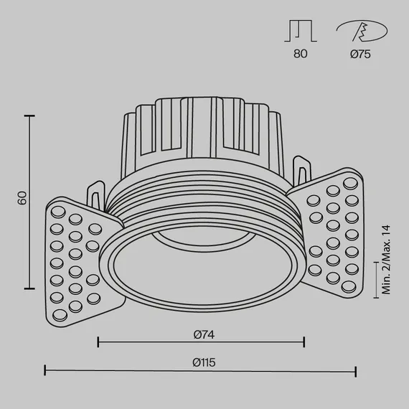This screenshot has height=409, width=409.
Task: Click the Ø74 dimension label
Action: (x=204, y=334)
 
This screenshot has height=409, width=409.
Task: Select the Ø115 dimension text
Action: (x=204, y=362)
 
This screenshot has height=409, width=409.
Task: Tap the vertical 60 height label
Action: (x=22, y=198)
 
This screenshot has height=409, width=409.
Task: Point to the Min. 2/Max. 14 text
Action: (x=386, y=260)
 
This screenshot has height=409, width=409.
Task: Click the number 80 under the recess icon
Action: (x=301, y=54)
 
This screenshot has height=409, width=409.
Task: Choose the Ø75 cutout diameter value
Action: (x=360, y=54)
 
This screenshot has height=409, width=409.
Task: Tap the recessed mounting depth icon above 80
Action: (x=301, y=31)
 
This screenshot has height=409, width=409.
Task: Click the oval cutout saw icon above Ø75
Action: (x=362, y=31)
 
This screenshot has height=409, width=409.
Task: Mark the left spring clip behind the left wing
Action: (x=95, y=195)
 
